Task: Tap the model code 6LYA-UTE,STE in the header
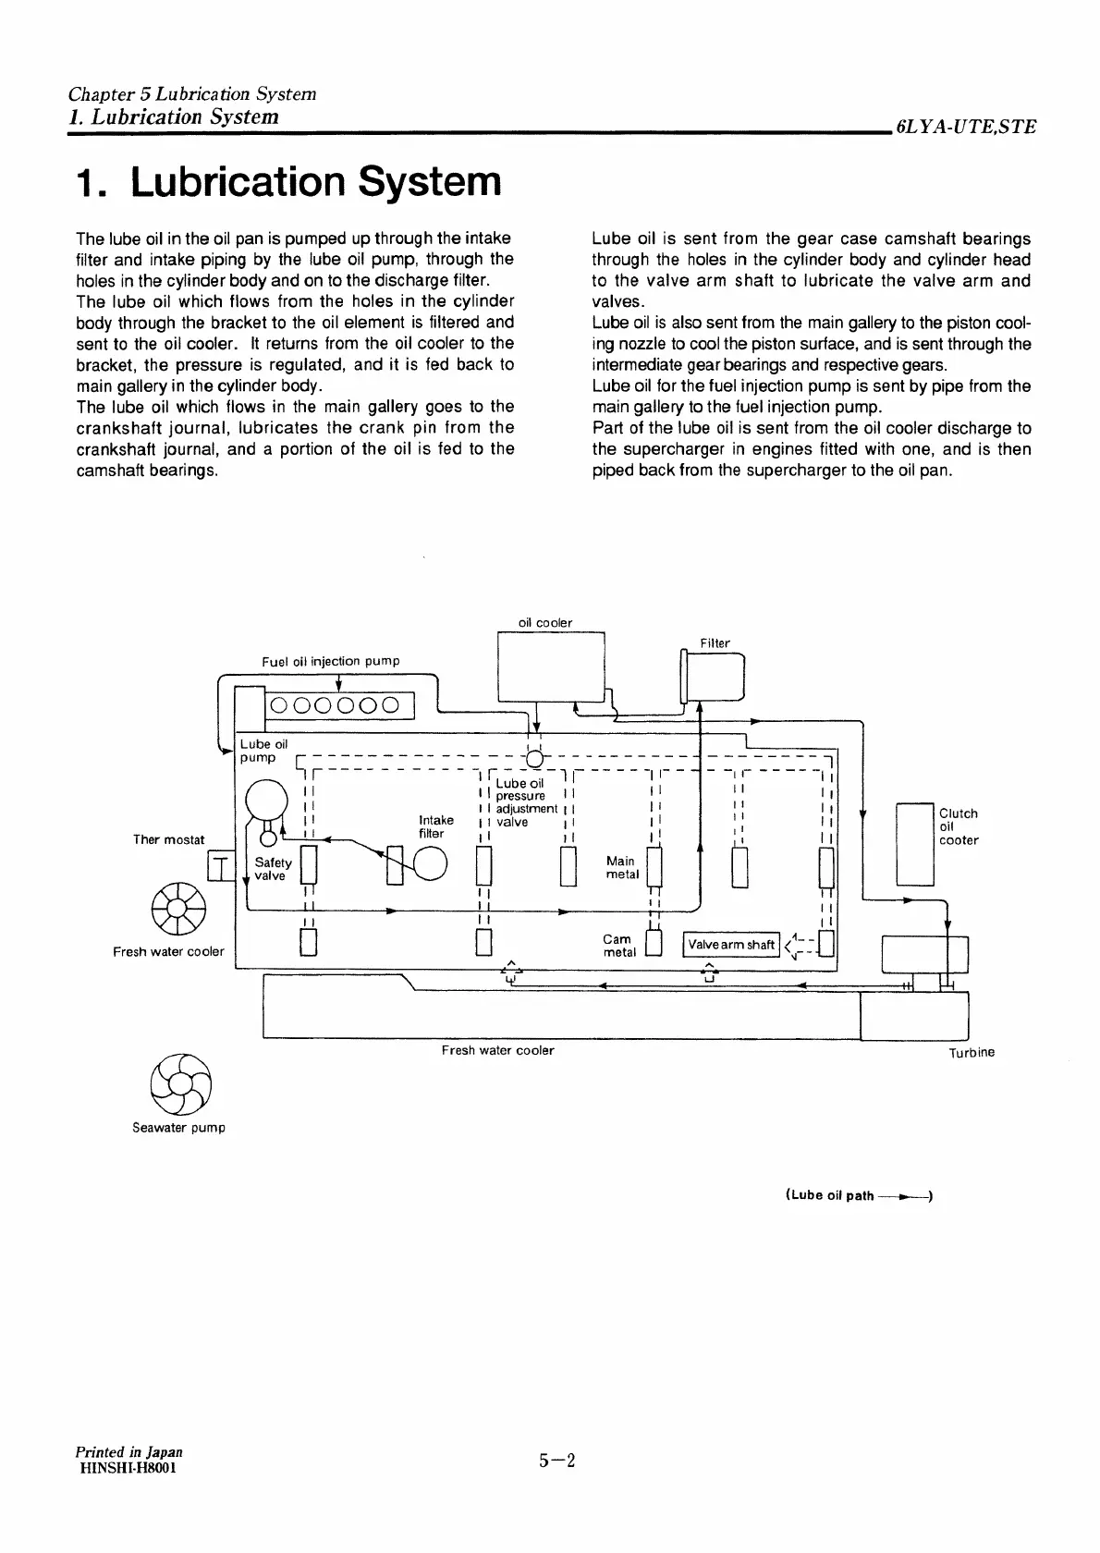coord(965,127)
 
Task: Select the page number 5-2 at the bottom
coord(558,1461)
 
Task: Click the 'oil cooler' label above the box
coord(545,623)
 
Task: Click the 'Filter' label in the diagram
coord(715,643)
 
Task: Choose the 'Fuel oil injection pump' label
coord(331,661)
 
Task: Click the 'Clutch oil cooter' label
coord(958,826)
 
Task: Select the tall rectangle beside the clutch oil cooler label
coord(916,844)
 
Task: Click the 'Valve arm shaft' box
coord(731,945)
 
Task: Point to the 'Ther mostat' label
coord(169,839)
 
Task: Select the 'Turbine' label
coord(972,1052)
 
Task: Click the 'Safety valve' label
coord(273,869)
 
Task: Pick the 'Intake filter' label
coord(436,826)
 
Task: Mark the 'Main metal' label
coord(621,867)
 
